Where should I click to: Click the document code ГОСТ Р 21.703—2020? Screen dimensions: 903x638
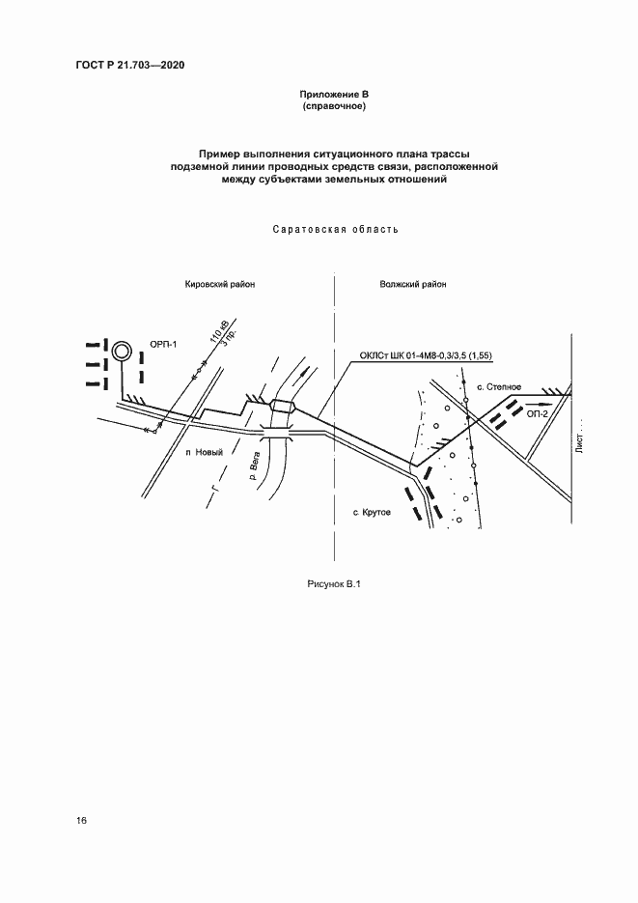[129, 65]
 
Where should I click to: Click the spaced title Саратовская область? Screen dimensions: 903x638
[335, 230]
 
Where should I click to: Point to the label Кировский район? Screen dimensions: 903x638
[220, 285]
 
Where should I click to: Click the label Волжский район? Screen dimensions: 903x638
[413, 285]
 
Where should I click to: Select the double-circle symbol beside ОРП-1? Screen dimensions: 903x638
[122, 351]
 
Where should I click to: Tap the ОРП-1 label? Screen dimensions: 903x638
[164, 344]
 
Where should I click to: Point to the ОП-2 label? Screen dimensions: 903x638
[538, 412]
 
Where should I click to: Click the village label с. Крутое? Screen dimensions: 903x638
[372, 512]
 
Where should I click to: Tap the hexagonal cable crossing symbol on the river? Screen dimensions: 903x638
[282, 406]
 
